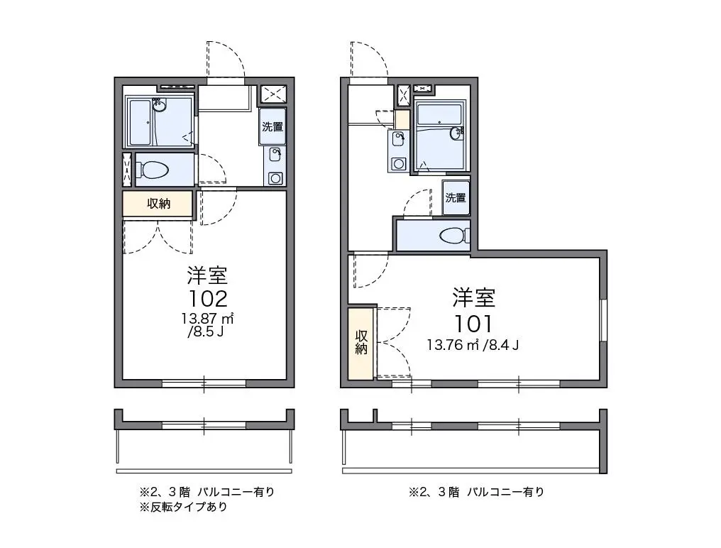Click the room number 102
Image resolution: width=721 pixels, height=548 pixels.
tap(208, 299)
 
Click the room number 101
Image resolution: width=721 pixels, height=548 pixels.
tap(473, 324)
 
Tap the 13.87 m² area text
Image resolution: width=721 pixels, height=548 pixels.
tap(207, 318)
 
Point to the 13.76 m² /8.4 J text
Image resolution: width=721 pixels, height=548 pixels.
tap(473, 344)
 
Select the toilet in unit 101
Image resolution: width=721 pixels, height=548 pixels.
tap(454, 236)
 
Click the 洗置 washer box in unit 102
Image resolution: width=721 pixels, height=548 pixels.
tap(273, 126)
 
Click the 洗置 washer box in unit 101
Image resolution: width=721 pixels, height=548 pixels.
tap(456, 198)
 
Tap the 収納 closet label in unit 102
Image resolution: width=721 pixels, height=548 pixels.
tap(159, 204)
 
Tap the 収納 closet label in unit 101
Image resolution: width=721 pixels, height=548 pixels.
tap(361, 342)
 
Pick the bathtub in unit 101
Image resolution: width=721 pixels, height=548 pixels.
tap(439, 116)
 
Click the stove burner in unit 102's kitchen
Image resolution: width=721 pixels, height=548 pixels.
tap(275, 178)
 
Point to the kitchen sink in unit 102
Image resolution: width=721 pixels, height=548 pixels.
tap(275, 155)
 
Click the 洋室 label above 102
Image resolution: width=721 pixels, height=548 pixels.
tap(207, 275)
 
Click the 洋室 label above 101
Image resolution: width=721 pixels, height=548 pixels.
tap(473, 297)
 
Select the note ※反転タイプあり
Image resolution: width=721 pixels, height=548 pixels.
tap(184, 507)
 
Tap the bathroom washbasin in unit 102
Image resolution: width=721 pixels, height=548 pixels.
tap(160, 106)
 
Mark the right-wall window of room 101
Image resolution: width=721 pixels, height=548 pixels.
tap(603, 320)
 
